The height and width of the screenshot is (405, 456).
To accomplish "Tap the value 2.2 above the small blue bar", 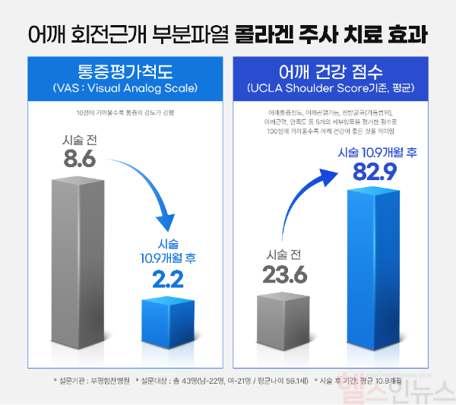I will [x=168, y=280].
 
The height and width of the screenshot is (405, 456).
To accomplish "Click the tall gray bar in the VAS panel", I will [x=79, y=266].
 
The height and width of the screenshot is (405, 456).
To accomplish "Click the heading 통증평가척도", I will [x=125, y=72].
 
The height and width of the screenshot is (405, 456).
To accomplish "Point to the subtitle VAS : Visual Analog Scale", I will [x=125, y=89].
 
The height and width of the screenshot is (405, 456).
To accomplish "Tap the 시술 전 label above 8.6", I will [x=79, y=141].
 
